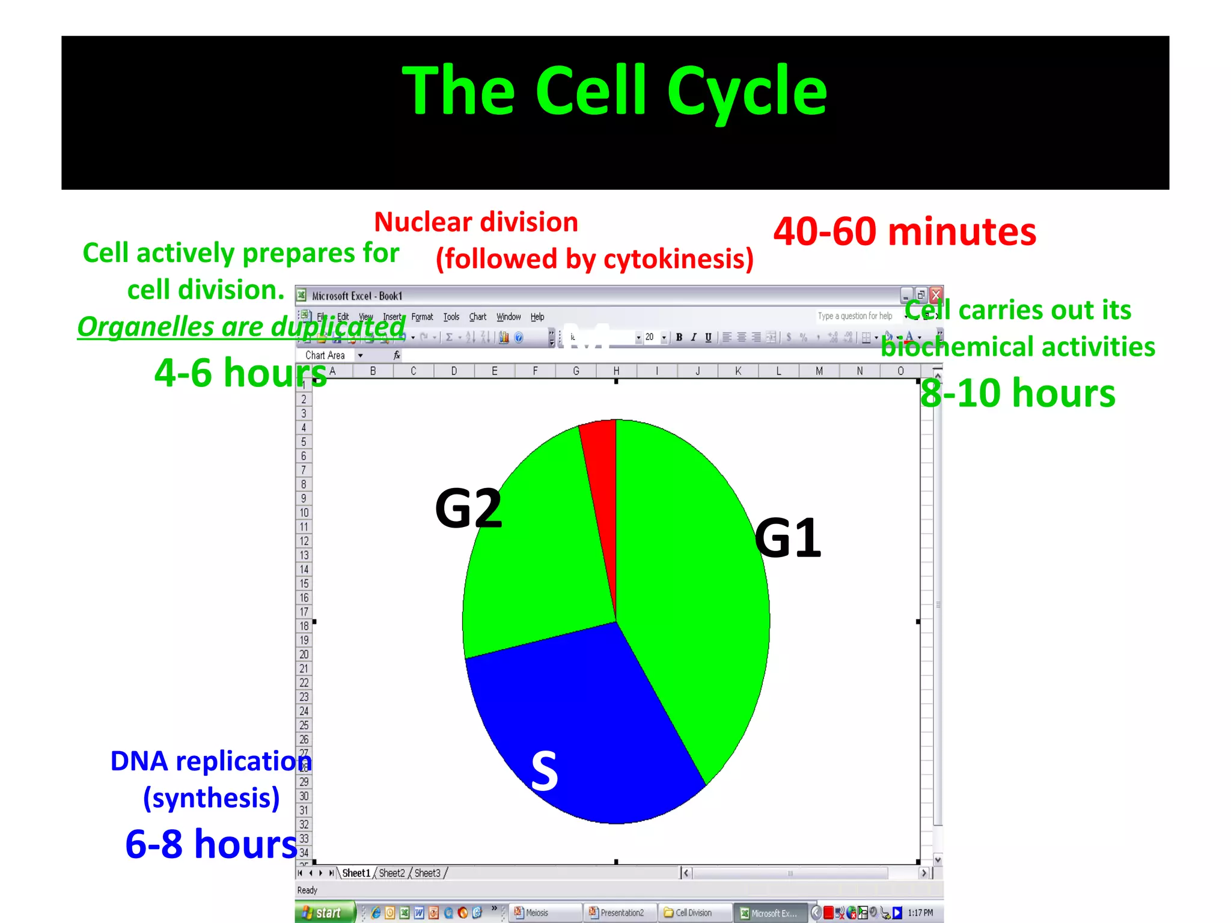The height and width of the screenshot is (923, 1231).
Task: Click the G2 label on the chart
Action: coord(468,509)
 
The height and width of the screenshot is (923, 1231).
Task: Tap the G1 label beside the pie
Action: coord(787,538)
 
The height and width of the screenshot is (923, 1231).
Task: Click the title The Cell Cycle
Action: coord(614,91)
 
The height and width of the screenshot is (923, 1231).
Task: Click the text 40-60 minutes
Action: coord(904,232)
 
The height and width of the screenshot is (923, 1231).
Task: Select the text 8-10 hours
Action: coord(1018,394)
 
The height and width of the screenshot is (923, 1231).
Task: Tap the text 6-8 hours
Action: coord(211,844)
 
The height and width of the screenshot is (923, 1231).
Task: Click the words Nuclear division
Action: coord(476,222)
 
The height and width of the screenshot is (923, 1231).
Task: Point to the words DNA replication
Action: coord(210,761)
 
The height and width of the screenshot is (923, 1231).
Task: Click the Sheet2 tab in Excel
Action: coord(391,873)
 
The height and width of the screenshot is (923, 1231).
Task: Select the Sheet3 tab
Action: coord(427,873)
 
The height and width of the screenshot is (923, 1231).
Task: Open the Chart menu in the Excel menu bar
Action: coord(477,317)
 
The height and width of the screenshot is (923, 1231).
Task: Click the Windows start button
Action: coord(323,913)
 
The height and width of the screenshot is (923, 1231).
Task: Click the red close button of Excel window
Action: coord(935,295)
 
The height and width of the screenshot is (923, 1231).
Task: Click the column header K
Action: coord(738,371)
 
